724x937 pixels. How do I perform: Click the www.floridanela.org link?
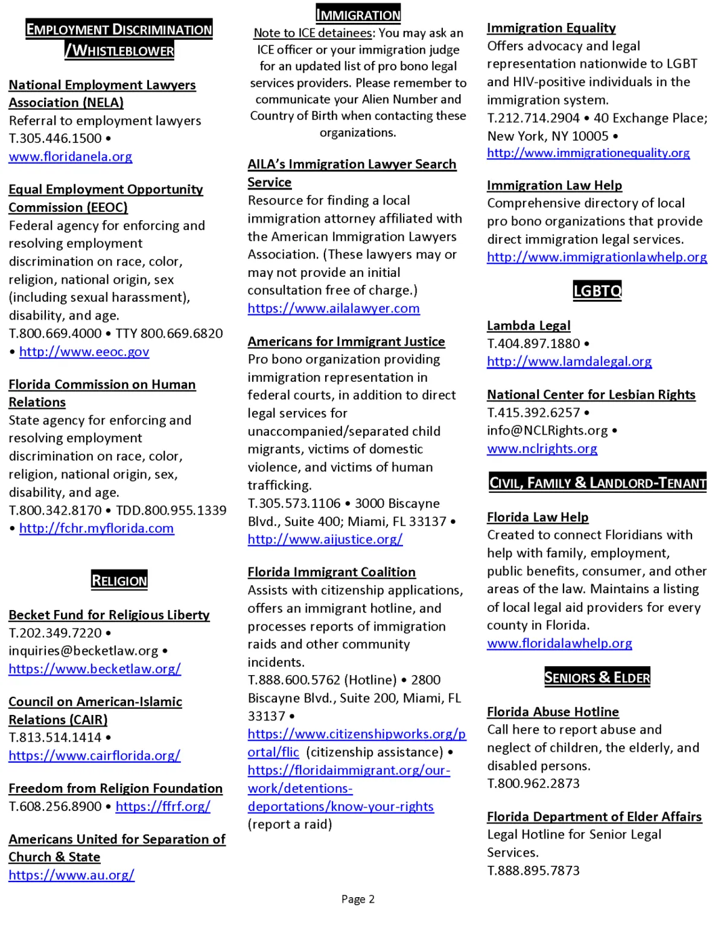[70, 157]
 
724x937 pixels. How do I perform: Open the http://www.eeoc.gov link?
[84, 352]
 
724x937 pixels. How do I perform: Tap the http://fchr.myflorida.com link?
[97, 529]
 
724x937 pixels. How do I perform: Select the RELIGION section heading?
[119, 580]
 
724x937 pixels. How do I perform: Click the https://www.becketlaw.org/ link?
[95, 669]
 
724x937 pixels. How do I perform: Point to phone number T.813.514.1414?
[55, 737]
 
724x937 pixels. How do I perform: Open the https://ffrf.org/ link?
[163, 807]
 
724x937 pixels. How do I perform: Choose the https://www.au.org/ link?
[71, 875]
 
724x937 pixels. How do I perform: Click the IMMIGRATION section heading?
[358, 14]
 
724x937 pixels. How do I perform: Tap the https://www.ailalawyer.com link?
[334, 308]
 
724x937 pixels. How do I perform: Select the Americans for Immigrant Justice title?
[346, 341]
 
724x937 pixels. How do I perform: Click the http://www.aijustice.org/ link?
[325, 539]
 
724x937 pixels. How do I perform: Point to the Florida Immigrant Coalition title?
[331, 572]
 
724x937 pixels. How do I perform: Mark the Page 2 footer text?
[358, 899]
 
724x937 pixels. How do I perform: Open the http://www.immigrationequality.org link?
[588, 153]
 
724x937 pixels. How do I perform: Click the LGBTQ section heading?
[597, 291]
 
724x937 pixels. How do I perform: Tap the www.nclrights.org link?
[542, 449]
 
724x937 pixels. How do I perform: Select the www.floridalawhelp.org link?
[559, 643]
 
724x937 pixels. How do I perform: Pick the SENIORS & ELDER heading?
[597, 677]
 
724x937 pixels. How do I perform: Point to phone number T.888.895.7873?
[533, 871]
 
